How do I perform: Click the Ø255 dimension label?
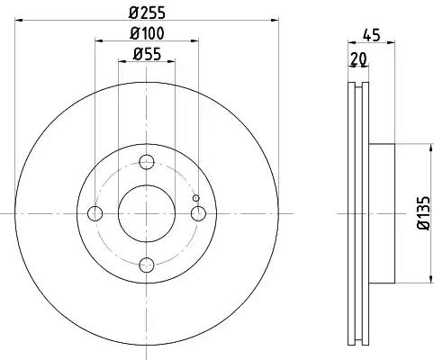147,13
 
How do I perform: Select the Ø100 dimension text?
147,33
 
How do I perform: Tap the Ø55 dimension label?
147,54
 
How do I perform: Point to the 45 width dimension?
372,35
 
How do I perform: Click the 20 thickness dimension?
358,58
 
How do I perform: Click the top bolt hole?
147,162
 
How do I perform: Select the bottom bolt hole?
147,265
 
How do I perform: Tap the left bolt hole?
95,213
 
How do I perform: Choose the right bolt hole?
198,213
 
